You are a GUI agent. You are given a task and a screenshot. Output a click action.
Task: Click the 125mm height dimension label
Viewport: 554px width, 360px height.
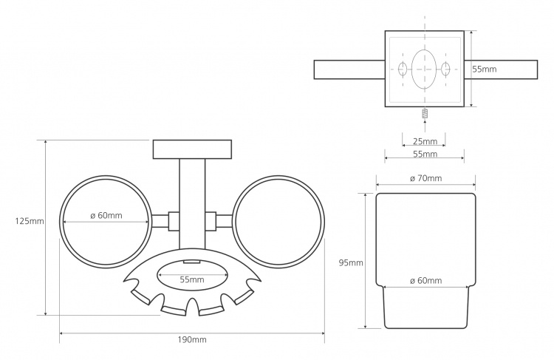(30, 221)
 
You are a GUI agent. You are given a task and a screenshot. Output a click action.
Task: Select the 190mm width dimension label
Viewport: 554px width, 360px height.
(192, 340)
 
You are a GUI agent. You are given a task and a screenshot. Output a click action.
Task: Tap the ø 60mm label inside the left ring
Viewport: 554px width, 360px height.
(106, 215)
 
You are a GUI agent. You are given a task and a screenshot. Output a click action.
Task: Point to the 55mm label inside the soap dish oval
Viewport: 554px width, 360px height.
(192, 279)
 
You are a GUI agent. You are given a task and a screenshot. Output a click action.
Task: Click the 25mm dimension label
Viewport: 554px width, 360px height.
(425, 141)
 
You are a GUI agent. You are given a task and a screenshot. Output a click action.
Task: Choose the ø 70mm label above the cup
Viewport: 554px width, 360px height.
(425, 178)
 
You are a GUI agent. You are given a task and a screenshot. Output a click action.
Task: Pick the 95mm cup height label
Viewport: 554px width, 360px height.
(351, 262)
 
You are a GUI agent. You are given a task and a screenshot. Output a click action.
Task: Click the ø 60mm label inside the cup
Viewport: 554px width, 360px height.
(425, 281)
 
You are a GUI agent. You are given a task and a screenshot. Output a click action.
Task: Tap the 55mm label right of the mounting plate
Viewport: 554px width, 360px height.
(485, 69)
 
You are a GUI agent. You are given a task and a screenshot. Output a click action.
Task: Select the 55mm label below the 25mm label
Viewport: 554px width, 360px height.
(425, 154)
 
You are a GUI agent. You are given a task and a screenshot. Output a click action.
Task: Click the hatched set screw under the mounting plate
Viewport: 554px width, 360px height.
(425, 113)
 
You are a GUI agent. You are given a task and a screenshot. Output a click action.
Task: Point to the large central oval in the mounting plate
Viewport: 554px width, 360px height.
(424, 69)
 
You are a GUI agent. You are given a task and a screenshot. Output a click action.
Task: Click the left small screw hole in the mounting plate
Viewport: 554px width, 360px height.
(403, 69)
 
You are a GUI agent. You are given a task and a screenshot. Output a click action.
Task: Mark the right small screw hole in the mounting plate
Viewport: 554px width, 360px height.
(446, 69)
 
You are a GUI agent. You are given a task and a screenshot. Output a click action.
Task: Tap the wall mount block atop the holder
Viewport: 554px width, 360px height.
(192, 149)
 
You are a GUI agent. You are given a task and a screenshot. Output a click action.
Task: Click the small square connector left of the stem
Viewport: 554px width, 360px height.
(174, 221)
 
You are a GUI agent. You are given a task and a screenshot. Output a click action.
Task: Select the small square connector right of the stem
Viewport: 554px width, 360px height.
(211, 221)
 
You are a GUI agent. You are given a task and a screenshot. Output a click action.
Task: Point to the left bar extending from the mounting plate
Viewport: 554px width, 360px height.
(349, 69)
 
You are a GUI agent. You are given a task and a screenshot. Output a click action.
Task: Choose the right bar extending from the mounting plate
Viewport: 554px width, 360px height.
(501, 69)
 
